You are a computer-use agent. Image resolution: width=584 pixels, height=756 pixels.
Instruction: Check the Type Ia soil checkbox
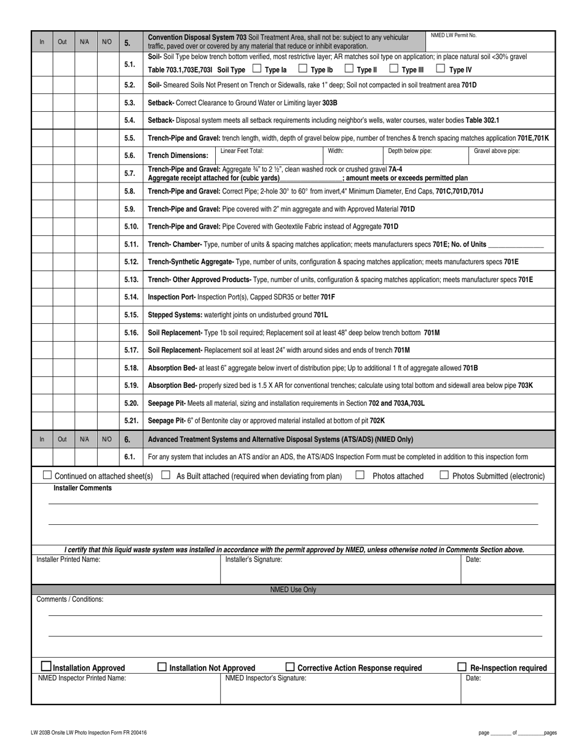click(x=257, y=69)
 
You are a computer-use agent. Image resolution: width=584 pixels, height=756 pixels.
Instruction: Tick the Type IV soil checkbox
click(x=440, y=69)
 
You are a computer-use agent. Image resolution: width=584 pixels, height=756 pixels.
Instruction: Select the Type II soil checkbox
click(x=349, y=69)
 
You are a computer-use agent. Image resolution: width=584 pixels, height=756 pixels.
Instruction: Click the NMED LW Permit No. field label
click(x=453, y=36)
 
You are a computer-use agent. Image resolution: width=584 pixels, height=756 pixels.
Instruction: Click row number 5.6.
click(x=130, y=156)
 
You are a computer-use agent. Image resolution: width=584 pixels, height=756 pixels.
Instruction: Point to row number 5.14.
click(x=130, y=297)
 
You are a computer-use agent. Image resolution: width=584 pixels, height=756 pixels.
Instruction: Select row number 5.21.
click(x=130, y=421)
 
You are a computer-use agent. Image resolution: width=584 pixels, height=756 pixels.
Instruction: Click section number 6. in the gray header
click(x=127, y=439)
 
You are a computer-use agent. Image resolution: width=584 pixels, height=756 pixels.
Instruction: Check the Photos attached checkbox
click(x=360, y=475)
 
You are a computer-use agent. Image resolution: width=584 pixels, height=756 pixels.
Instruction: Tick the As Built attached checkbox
click(x=165, y=475)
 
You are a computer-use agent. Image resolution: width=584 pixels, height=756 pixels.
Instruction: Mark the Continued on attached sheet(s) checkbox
click(x=47, y=475)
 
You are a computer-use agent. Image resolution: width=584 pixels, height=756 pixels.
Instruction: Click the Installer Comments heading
click(x=82, y=488)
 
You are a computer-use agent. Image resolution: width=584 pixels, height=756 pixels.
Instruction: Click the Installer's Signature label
click(x=253, y=560)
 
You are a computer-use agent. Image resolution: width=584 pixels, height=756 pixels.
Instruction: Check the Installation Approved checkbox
click(x=46, y=666)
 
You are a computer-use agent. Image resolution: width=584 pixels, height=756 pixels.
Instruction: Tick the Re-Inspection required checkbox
click(x=462, y=667)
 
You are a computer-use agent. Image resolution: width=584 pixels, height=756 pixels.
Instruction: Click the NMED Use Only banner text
click(x=293, y=589)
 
